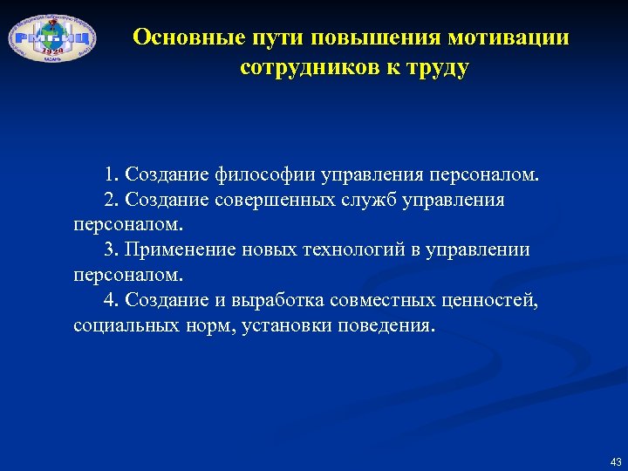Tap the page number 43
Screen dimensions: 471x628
tap(616, 461)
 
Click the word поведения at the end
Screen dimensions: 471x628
tap(390, 326)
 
